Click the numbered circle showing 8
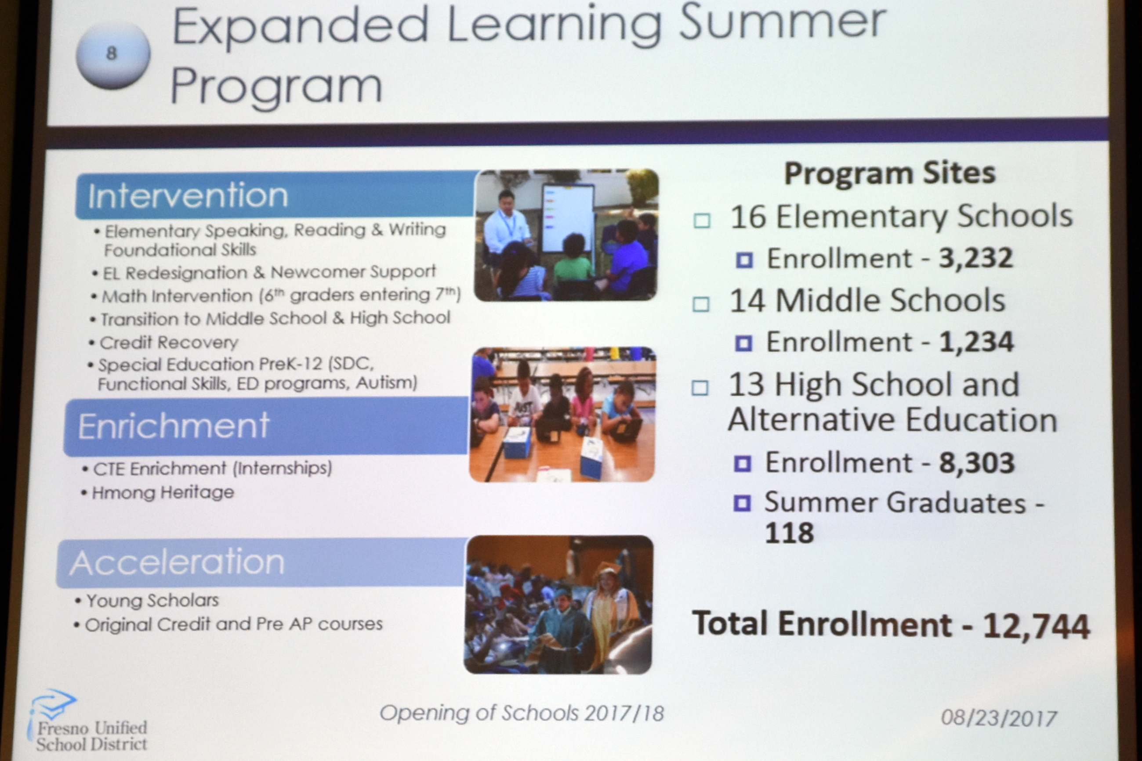pos(112,55)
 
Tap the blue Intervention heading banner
pos(275,195)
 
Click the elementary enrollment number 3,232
pos(975,258)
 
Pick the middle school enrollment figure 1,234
pos(976,342)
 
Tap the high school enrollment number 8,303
pos(976,462)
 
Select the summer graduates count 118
pos(789,533)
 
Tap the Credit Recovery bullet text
pos(168,343)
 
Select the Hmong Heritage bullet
pos(163,493)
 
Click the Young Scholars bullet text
pos(152,600)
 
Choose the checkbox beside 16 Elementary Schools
pos(702,221)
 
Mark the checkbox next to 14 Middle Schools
pos(701,304)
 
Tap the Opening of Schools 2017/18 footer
pos(522,713)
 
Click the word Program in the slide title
pos(276,86)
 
